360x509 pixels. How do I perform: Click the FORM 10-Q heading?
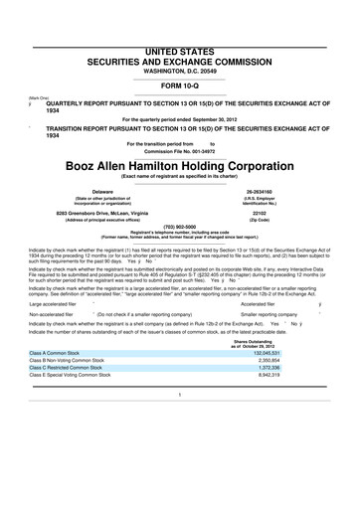tap(180, 56)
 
